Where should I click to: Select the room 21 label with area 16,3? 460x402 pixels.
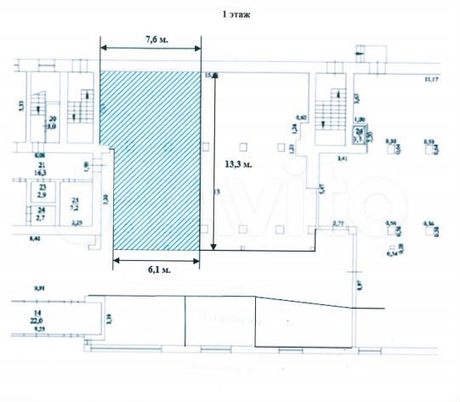click(39, 168)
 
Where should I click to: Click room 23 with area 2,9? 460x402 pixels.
click(39, 190)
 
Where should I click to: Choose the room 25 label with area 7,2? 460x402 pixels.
click(74, 204)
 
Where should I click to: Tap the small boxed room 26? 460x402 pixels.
click(360, 133)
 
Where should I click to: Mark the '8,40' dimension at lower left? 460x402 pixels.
click(35, 242)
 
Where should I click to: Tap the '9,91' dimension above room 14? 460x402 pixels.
click(39, 290)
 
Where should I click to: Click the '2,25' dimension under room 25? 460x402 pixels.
click(76, 224)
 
